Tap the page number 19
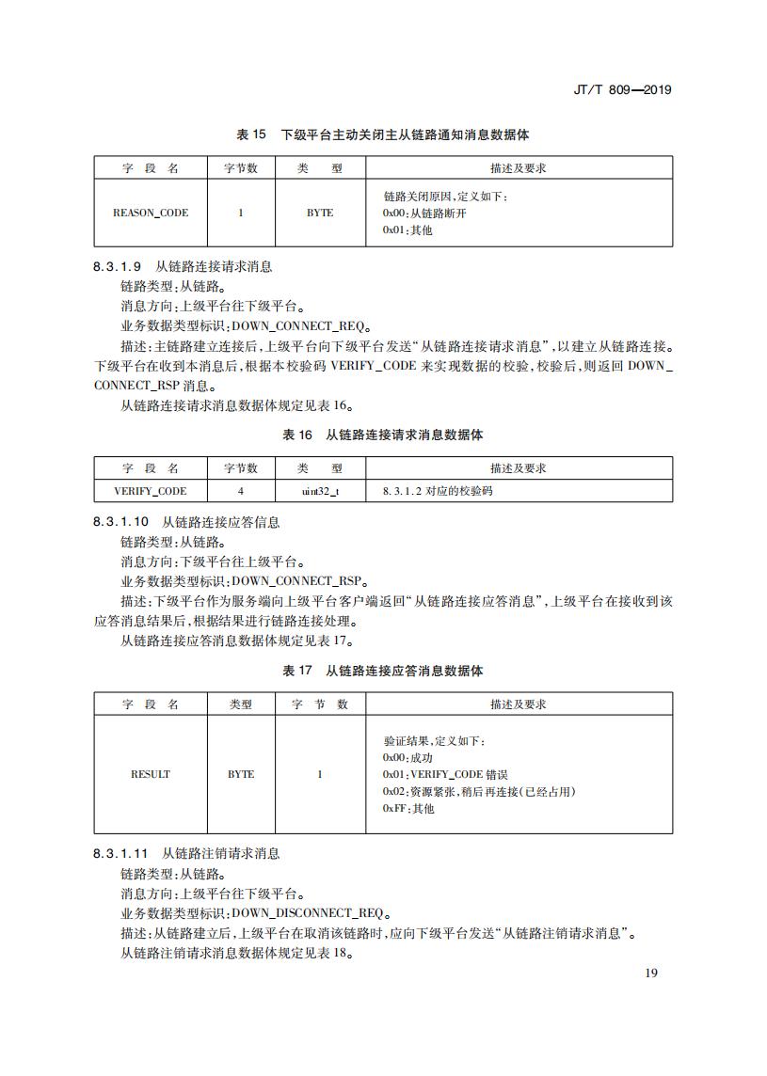pos(651,973)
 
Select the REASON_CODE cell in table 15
pos(151,213)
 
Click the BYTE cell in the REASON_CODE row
pos(320,213)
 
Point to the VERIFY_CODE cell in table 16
pos(151,491)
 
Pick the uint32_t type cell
pos(320,491)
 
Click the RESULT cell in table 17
pos(151,774)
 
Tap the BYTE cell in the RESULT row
pos(241,774)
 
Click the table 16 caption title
pos(383,435)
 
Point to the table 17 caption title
pos(383,672)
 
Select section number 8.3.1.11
pos(121,854)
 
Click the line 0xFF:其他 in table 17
pos(408,809)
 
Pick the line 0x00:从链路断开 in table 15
pos(424,214)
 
